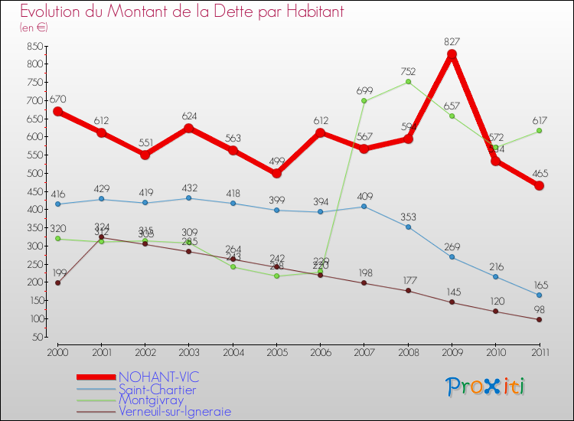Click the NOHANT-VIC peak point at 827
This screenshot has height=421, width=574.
click(x=452, y=54)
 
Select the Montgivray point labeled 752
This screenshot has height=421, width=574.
click(x=408, y=82)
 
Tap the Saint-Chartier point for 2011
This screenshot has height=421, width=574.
click(x=539, y=295)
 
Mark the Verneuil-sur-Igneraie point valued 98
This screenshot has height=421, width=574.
click(x=539, y=319)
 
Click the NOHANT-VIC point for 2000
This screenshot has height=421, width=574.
click(x=57, y=111)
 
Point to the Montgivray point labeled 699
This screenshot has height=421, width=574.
click(x=364, y=101)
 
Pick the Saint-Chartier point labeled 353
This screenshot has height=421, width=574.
click(x=408, y=227)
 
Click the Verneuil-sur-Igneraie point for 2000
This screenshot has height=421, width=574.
click(x=57, y=282)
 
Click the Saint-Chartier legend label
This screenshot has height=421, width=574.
click(x=156, y=390)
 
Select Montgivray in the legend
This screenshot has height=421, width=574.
click(x=151, y=400)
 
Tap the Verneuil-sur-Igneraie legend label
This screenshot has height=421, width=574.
click(x=174, y=411)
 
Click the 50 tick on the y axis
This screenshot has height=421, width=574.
click(x=36, y=337)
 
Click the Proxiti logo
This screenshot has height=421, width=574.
click(x=486, y=387)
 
